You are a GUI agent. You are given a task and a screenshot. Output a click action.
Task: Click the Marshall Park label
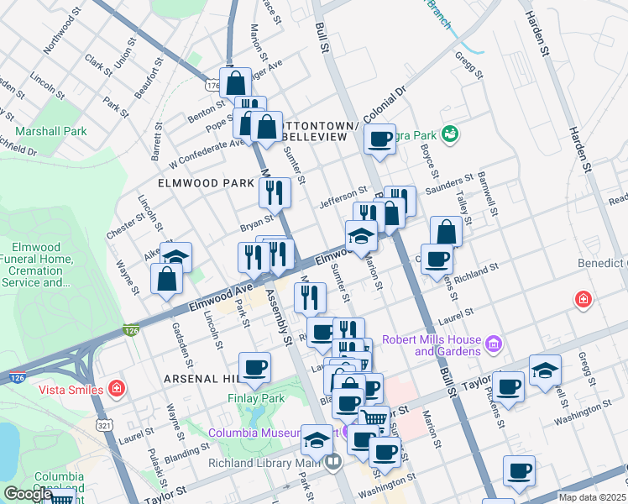[51, 132]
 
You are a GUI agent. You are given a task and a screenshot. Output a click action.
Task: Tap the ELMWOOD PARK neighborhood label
[207, 183]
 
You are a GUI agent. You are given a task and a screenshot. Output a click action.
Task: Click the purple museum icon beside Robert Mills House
[493, 344]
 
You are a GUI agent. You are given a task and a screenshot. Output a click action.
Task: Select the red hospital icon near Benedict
[582, 299]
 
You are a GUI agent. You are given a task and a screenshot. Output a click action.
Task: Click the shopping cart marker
[374, 417]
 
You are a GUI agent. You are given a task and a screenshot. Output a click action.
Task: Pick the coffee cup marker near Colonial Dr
[380, 139]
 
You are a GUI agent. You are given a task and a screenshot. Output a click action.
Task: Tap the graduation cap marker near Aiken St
[176, 256]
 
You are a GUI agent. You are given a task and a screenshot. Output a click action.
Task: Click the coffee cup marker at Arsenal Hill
[255, 366]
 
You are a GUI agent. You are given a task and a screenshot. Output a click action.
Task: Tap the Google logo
[29, 494]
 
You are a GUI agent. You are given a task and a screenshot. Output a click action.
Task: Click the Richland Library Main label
[275, 461]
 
